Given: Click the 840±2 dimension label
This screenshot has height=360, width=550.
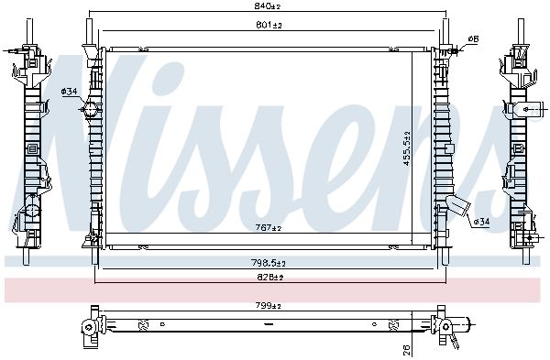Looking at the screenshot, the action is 267,5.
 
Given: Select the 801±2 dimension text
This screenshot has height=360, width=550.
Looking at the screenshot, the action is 269,25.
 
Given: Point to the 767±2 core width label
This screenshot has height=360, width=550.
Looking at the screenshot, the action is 269,228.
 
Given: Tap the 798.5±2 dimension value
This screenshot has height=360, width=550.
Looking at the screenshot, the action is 269,263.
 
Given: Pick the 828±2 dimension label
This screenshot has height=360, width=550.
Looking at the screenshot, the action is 270,278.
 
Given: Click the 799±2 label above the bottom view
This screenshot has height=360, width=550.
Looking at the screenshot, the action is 269,306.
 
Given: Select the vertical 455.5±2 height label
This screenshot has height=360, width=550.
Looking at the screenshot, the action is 406,148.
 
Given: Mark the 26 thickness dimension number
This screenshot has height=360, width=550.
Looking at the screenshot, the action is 406,349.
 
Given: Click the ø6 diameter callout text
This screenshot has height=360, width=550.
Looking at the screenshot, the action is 473,38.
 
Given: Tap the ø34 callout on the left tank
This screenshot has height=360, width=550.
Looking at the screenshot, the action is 69,92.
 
